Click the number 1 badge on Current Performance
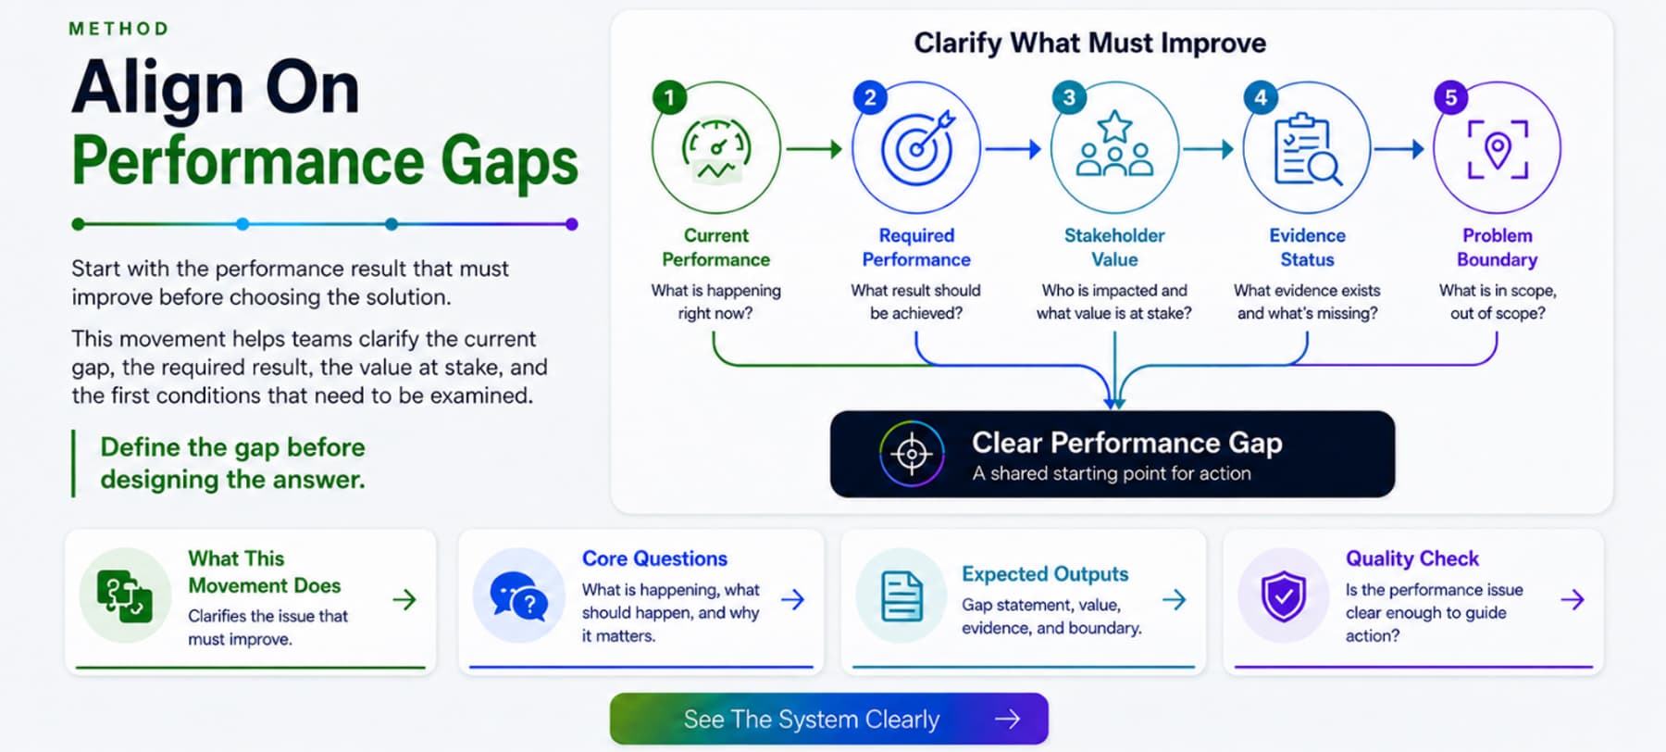coord(669,97)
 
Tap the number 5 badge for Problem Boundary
coord(1450,97)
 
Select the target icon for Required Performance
coord(917,147)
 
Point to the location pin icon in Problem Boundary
coord(1498,148)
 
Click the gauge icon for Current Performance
coord(715,150)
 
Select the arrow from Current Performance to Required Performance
coord(814,148)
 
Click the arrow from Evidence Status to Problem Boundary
coord(1399,148)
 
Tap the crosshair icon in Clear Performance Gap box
coord(912,454)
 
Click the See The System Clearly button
coord(829,719)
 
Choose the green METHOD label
coord(119,29)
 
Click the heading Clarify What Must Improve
coord(1090,43)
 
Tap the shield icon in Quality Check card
coord(1284,596)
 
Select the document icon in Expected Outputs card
coord(901,595)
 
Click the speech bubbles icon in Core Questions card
coord(519,595)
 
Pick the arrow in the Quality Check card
coord(1573,600)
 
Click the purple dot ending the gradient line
coord(572,224)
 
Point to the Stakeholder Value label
coord(1114,247)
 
